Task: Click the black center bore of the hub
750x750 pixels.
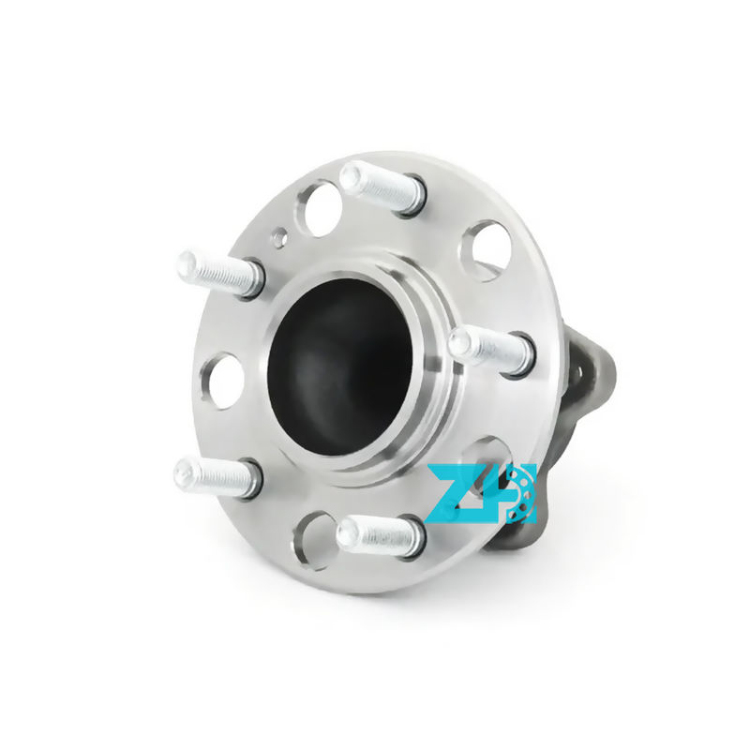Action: (339, 367)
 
